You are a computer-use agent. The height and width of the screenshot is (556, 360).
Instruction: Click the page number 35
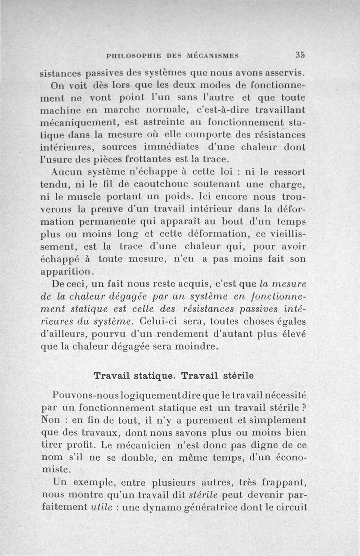tap(301, 55)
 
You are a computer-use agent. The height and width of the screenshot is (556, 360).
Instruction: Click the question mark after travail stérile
tap(304, 408)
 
